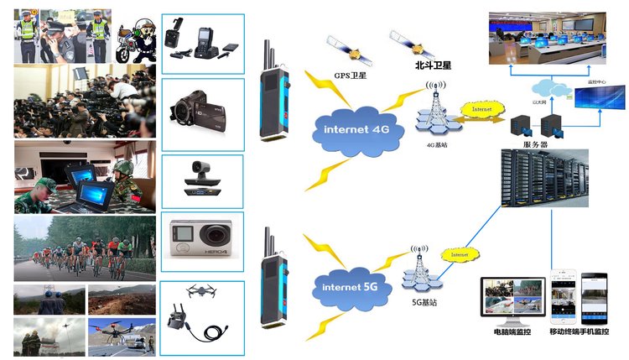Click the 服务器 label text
(x=534, y=145)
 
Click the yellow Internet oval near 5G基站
(x=456, y=254)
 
